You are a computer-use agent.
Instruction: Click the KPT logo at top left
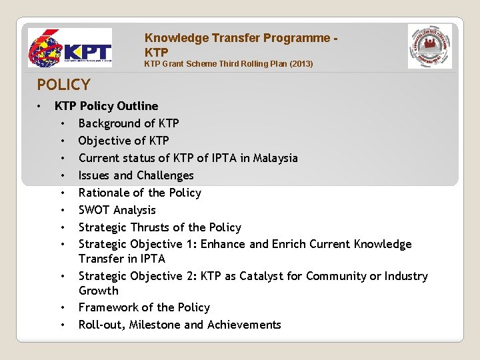[x=69, y=49]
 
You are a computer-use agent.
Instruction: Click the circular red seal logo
[x=429, y=47]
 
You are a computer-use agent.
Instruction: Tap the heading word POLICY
[x=63, y=85]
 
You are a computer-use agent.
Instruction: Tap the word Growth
[x=98, y=291]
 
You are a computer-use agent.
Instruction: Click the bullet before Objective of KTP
[x=62, y=141]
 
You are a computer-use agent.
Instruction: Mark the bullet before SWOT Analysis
[x=62, y=211]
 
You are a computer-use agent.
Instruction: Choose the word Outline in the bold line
[x=137, y=106]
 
